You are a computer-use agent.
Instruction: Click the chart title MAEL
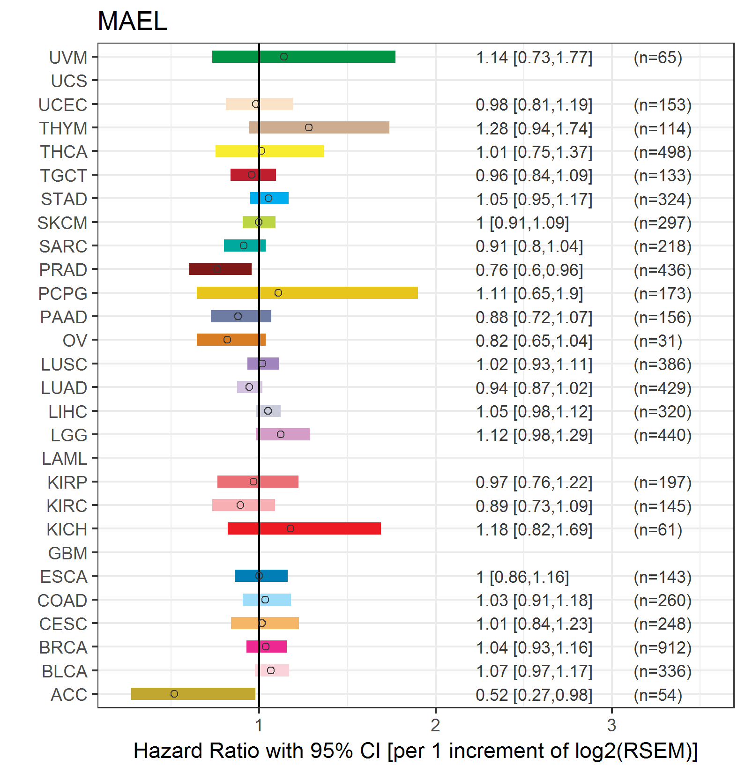coord(132,22)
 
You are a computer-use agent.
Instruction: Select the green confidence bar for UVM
coord(304,57)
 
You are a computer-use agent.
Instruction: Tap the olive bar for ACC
coord(193,694)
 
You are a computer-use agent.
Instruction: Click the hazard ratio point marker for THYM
coord(308,127)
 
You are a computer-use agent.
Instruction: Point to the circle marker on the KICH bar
coord(291,528)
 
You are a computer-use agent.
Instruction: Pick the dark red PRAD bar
coord(220,269)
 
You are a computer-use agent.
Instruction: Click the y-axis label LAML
coord(65,459)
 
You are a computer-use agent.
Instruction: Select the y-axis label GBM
coord(68,553)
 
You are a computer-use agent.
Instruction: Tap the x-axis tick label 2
coord(435,725)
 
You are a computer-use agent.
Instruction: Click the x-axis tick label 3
coord(611,725)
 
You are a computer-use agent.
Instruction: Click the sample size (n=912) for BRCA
coord(663,647)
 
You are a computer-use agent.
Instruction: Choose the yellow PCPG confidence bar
coord(307,293)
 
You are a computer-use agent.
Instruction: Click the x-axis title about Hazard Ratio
coord(415,751)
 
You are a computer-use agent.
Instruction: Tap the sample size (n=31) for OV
coord(658,341)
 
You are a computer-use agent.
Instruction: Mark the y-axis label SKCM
coord(62,223)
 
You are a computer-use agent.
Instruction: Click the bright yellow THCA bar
coord(269,151)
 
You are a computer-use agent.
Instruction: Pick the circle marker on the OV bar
coord(227,340)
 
